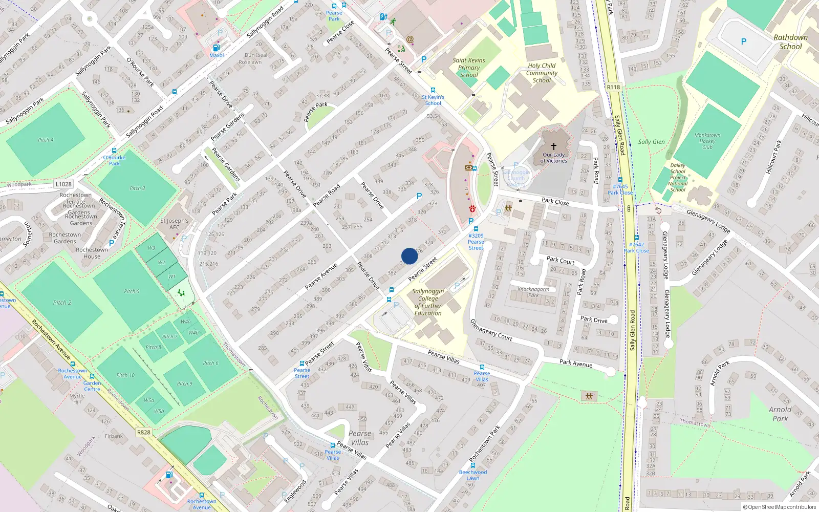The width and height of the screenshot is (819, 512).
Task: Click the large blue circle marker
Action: tap(409, 256)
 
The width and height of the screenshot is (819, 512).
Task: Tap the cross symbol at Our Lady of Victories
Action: tap(554, 146)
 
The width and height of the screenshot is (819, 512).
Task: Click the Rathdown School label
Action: tap(790, 42)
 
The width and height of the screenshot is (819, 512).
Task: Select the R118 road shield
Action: tap(613, 87)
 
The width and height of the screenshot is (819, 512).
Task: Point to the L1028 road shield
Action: tap(63, 184)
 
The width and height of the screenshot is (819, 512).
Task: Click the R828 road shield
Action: tap(144, 432)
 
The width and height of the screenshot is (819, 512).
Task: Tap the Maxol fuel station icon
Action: tap(216, 48)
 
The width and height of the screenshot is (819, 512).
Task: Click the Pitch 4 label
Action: tap(46, 140)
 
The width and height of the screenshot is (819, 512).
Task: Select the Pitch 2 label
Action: tap(62, 303)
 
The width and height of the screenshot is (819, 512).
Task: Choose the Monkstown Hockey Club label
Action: tap(707, 141)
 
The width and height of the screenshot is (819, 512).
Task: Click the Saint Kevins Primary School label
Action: tap(468, 68)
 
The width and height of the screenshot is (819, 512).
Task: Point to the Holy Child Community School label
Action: tap(542, 73)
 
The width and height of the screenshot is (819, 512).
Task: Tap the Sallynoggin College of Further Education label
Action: tap(428, 302)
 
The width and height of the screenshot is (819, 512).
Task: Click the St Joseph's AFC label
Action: tap(174, 224)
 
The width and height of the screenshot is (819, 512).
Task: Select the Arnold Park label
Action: tap(780, 414)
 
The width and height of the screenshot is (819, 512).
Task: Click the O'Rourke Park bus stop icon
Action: tap(114, 151)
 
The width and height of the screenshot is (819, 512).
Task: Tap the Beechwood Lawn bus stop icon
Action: tap(472, 465)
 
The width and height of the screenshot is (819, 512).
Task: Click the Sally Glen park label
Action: tap(651, 142)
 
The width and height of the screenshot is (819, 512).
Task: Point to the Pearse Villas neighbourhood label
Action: tap(359, 438)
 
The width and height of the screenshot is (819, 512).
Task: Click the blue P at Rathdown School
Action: tap(743, 41)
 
